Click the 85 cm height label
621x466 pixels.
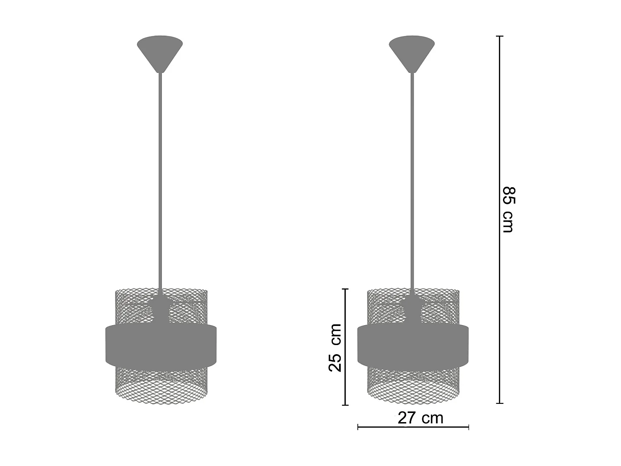(x=508, y=210)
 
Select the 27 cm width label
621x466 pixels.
(x=420, y=418)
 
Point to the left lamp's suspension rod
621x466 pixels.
(x=160, y=178)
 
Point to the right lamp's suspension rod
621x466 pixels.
(x=412, y=178)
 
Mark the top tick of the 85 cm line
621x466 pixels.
(x=500, y=36)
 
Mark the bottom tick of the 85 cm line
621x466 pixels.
(x=500, y=403)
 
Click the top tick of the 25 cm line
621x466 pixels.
(x=345, y=289)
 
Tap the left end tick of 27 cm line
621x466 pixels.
(x=358, y=427)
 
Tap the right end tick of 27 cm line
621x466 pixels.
(x=468, y=427)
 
